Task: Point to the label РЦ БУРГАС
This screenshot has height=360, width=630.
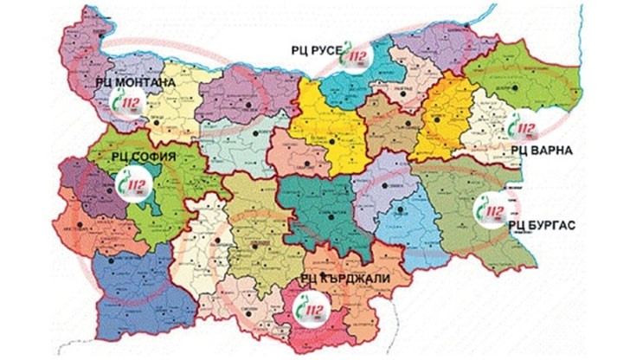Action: (540, 224)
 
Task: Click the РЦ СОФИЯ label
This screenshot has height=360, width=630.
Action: (144, 157)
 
